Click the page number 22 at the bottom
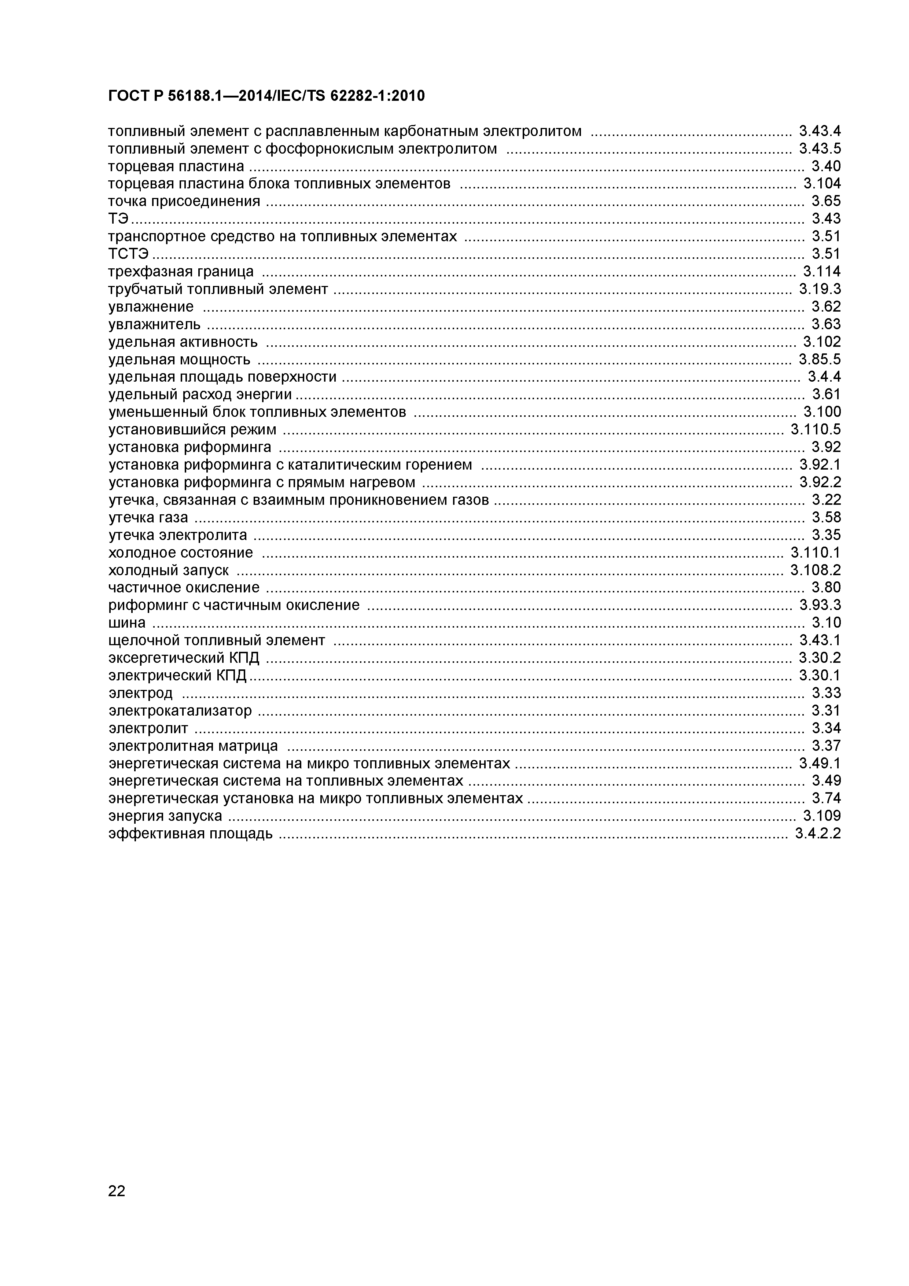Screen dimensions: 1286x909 [117, 1206]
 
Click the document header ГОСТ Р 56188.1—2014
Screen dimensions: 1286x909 [266, 96]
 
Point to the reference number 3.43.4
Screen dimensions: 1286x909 [820, 131]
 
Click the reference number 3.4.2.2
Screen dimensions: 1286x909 [818, 833]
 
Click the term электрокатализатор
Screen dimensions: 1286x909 [180, 711]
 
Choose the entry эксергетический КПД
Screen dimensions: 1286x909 [184, 658]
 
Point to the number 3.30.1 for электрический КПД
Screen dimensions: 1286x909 [820, 676]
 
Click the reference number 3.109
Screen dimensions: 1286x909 [822, 816]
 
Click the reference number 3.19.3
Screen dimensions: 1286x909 [820, 289]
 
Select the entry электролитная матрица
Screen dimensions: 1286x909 [193, 746]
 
